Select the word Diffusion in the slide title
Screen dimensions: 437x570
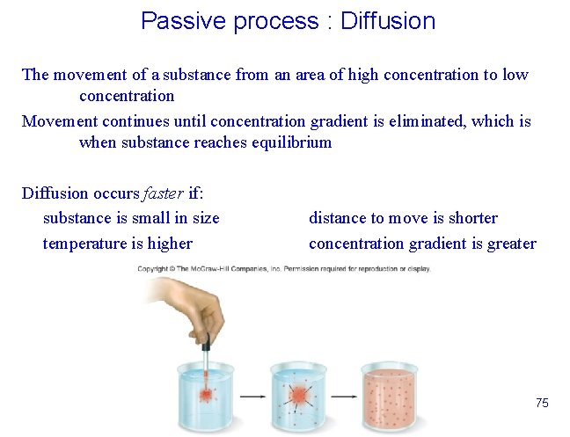387,21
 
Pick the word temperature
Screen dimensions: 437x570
86,244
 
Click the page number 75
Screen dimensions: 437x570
542,403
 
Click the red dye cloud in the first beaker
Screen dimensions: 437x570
207,393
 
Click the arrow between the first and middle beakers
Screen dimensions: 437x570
253,397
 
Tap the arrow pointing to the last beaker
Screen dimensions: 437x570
347,397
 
